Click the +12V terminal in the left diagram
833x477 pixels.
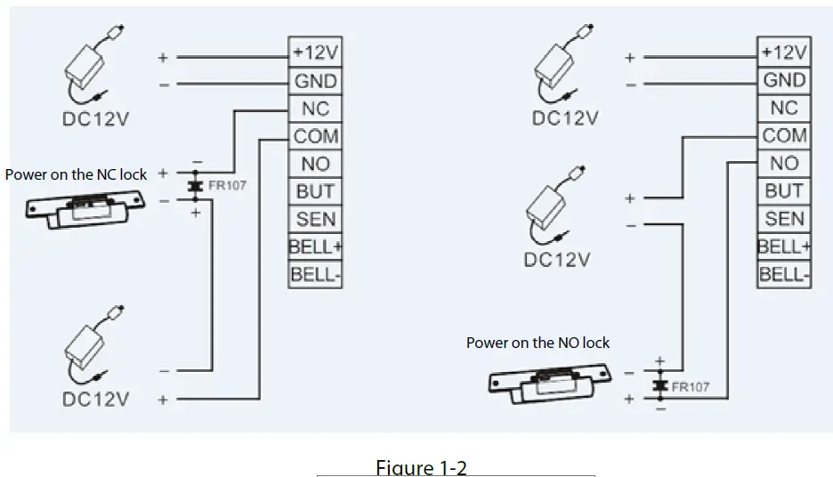point(316,53)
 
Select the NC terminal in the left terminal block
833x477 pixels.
point(316,109)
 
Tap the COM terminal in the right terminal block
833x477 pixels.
point(785,136)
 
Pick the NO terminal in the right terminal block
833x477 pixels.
point(785,164)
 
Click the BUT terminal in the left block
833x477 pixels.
point(316,191)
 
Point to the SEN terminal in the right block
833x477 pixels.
point(785,219)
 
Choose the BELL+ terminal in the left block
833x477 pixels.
point(316,247)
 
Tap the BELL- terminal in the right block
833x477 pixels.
point(785,274)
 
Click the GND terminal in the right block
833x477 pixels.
point(785,80)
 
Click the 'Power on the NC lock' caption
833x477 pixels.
point(76,174)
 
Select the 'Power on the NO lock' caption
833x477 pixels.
point(538,343)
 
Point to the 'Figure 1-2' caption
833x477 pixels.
point(421,467)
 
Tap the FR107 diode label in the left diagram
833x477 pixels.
point(227,187)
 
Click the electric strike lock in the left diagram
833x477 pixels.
point(89,208)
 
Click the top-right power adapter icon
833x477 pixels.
point(559,68)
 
